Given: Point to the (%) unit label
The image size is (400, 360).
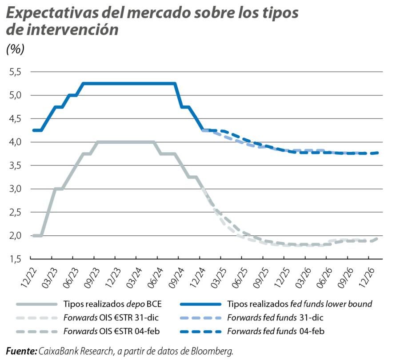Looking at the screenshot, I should [16, 49].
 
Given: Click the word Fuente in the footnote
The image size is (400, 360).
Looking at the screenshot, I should [21, 352].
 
